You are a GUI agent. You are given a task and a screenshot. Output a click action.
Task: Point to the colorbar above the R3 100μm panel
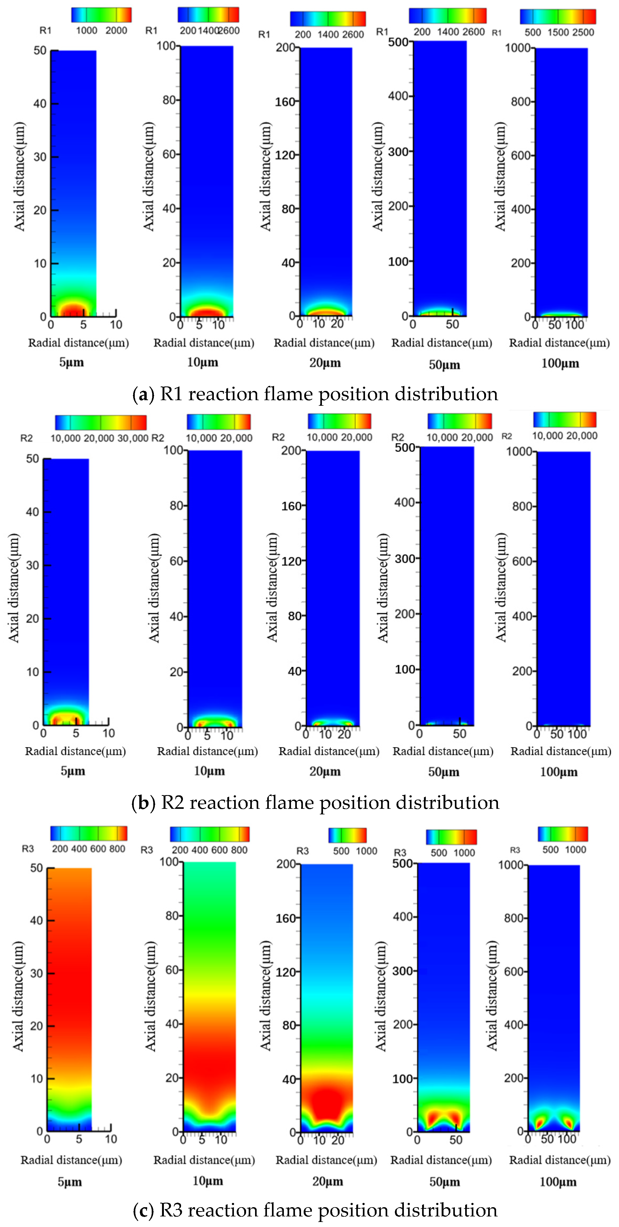coord(563,834)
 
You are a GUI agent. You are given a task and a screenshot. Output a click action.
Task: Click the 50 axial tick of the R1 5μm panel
coord(40,50)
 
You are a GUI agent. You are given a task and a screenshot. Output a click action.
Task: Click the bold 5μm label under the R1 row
coord(71,362)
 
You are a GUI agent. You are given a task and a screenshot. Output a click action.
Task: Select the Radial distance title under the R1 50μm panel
coord(442,343)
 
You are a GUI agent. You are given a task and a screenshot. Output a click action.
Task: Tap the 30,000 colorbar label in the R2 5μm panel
coord(133,438)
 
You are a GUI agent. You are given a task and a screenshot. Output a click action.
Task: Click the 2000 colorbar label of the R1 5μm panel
coord(116,30)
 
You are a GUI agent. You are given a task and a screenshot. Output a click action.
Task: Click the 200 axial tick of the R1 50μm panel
coord(398,206)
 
